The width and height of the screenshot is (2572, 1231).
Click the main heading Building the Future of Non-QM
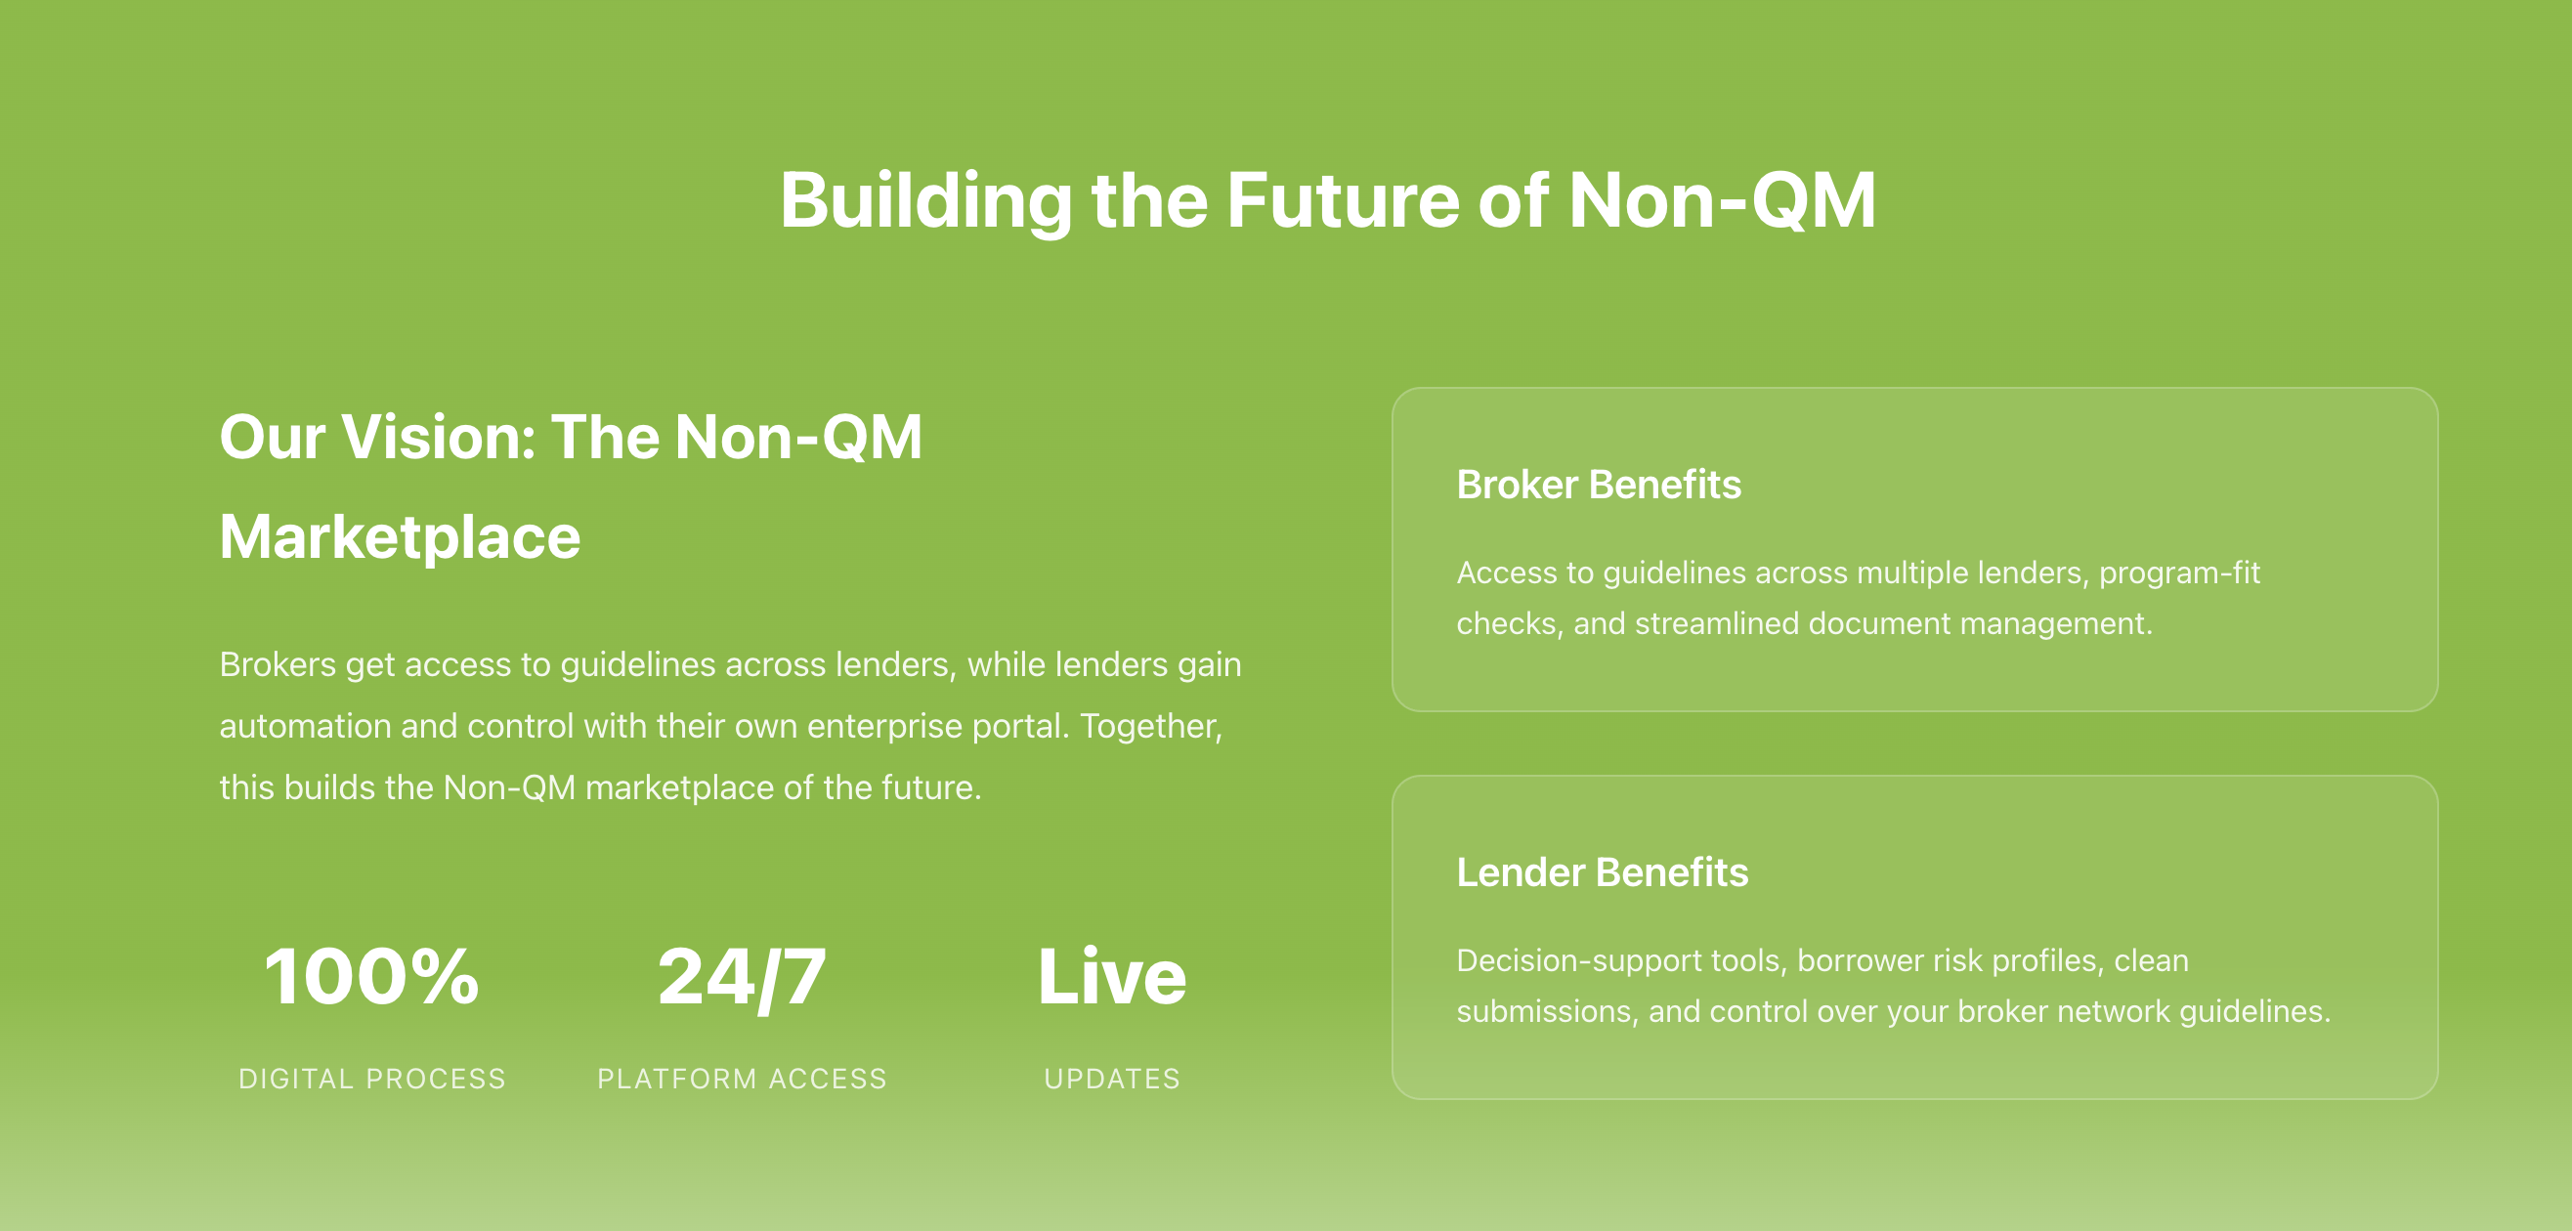click(1327, 200)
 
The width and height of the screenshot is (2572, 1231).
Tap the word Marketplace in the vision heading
click(400, 538)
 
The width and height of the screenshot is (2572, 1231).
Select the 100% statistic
click(371, 975)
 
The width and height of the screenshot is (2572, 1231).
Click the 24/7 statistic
click(742, 976)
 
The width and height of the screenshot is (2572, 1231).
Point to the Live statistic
click(1112, 975)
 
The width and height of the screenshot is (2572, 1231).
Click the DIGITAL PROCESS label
click(372, 1080)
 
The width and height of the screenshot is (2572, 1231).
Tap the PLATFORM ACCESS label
click(742, 1080)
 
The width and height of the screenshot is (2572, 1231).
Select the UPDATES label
click(1112, 1080)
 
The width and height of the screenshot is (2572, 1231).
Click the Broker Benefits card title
click(1599, 486)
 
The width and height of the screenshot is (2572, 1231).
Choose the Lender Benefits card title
click(1603, 872)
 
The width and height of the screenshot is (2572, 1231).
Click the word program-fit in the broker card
click(2179, 573)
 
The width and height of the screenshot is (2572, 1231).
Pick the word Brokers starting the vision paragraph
click(278, 665)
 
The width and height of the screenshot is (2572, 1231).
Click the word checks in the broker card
click(1508, 624)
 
